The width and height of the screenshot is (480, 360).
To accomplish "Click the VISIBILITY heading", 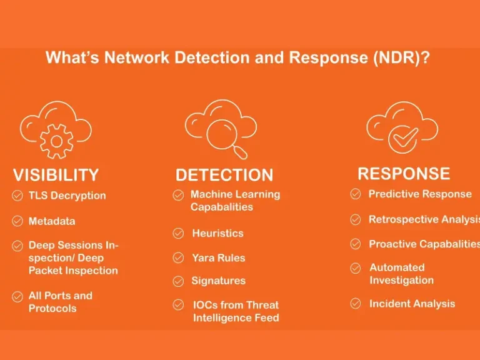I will (56, 175).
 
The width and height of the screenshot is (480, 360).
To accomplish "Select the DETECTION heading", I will (224, 175).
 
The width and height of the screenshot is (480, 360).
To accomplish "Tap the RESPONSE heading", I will (403, 173).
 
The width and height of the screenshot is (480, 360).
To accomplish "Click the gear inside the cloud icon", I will (57, 141).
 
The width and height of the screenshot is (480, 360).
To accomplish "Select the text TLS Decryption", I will (67, 196).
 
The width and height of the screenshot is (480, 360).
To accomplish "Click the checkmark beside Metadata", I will (17, 221).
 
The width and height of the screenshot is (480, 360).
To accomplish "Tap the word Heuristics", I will (217, 233).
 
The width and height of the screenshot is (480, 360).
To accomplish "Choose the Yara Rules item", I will (218, 257).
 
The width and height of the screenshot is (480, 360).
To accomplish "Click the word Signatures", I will (218, 281).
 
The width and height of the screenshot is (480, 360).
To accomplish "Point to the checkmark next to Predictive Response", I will (356, 194).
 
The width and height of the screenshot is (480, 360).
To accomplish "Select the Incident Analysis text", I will (412, 304).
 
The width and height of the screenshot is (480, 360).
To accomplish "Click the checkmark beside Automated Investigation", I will (356, 268).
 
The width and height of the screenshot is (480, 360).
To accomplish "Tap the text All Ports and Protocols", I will (61, 302).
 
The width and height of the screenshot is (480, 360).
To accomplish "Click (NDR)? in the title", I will (403, 58).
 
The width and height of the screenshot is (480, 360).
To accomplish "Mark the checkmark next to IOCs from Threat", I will (179, 305).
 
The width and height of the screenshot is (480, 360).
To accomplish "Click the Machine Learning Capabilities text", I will (234, 201).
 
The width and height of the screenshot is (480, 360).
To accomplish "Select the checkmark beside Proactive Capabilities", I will (356, 244).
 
